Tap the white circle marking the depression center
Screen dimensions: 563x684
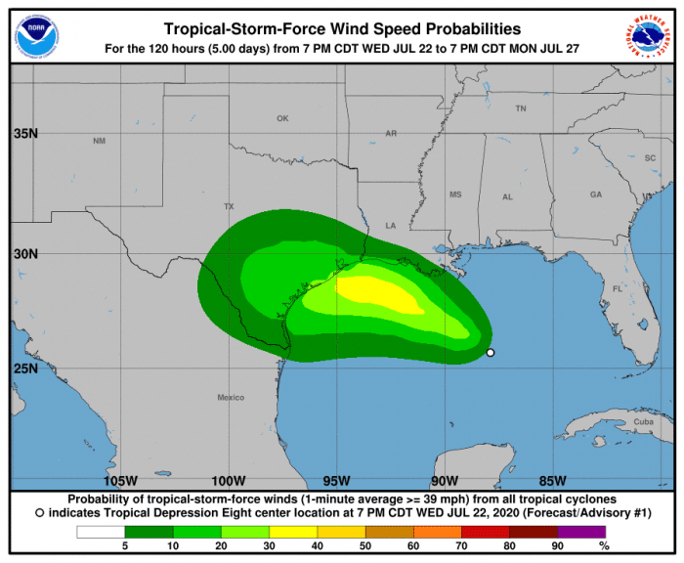click(491, 353)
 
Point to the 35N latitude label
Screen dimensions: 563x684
click(23, 134)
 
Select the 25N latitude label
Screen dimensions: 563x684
click(23, 369)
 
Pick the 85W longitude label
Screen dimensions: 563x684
click(552, 481)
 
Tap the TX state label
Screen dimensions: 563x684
click(230, 207)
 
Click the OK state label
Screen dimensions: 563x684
click(282, 118)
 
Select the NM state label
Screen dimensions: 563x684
click(99, 142)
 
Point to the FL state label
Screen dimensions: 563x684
click(618, 289)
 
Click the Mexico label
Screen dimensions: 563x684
click(231, 398)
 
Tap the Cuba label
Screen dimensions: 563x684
click(641, 422)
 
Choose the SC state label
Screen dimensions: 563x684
click(649, 157)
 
